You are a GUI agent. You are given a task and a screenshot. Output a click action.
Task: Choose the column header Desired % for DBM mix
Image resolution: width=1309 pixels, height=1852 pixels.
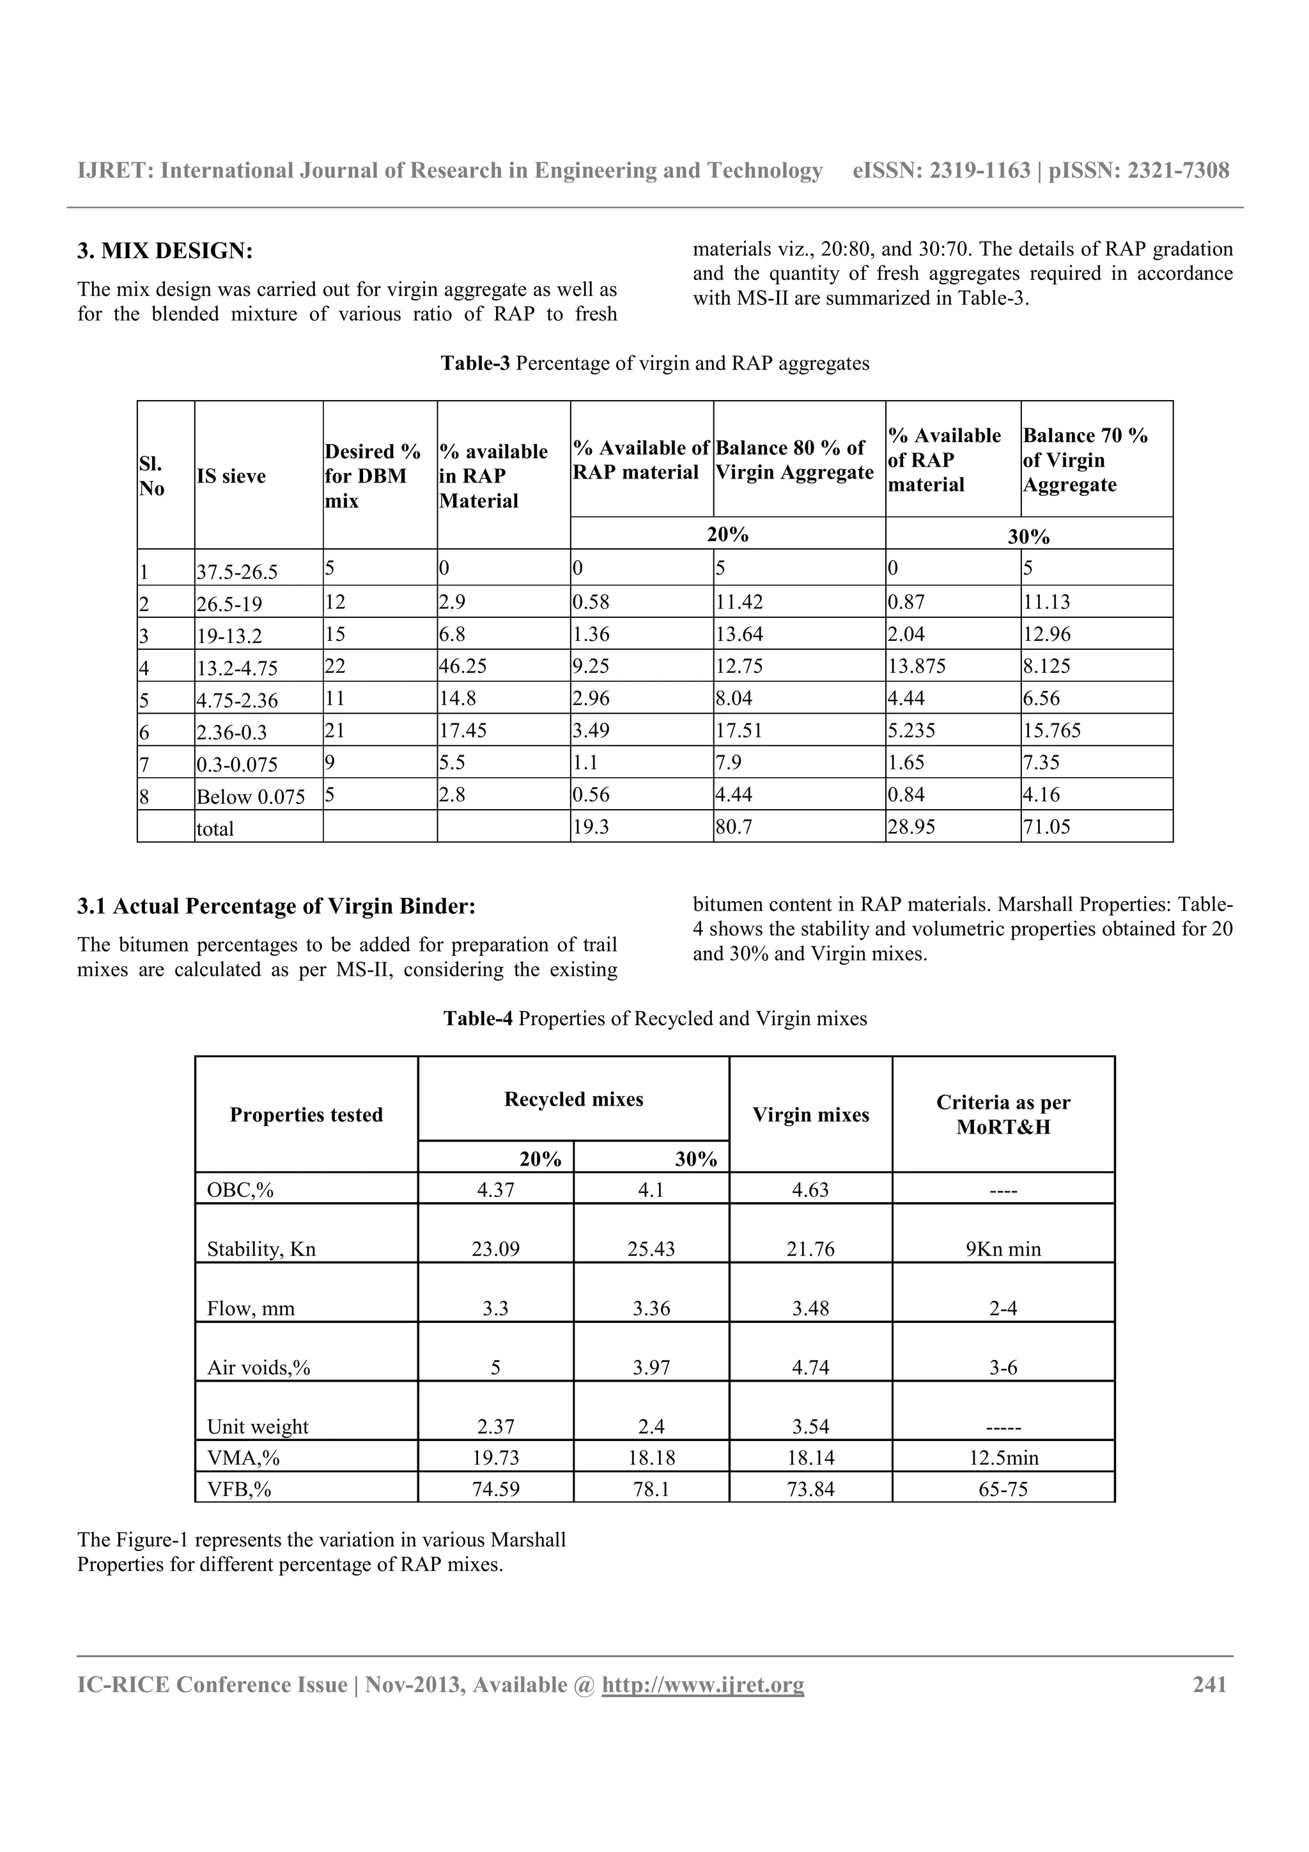(373, 476)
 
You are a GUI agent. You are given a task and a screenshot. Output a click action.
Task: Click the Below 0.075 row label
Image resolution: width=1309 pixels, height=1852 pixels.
(251, 797)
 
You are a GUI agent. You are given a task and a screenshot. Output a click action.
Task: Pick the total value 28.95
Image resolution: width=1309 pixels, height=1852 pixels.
(911, 827)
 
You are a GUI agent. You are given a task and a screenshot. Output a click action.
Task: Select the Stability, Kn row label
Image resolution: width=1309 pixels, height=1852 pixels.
(261, 1249)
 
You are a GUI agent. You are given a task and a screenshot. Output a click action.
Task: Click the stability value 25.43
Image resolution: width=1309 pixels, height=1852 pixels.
(651, 1249)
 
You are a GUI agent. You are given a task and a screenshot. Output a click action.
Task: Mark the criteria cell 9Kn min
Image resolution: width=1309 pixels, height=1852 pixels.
(1003, 1249)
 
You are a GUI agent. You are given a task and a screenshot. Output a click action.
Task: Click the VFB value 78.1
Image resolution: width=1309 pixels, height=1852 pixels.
(651, 1489)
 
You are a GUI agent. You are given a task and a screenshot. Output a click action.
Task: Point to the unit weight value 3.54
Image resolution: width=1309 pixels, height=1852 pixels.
(810, 1426)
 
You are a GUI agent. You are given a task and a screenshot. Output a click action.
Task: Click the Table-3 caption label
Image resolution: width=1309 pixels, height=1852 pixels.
(475, 363)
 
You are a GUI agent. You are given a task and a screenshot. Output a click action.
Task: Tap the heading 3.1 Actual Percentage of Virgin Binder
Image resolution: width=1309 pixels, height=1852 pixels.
(276, 907)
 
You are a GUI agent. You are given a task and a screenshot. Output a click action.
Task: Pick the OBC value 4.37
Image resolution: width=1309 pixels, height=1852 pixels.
(495, 1190)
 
